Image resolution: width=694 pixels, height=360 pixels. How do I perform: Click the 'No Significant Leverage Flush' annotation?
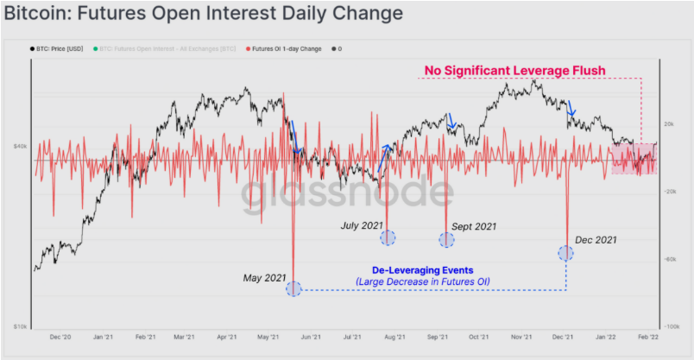tap(514, 70)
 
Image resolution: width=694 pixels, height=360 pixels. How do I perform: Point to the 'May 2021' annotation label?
tap(264, 278)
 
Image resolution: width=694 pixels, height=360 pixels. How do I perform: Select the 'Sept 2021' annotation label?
tap(474, 227)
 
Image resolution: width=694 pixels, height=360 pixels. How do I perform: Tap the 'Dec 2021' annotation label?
tap(596, 240)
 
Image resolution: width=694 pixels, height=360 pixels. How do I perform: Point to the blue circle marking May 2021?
tap(293, 288)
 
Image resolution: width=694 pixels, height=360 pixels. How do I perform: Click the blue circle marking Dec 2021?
tap(566, 253)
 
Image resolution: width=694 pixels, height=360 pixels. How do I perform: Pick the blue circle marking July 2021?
tap(388, 237)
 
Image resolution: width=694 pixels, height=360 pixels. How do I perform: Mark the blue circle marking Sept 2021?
tap(446, 239)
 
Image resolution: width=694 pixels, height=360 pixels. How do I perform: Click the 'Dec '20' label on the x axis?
tap(60, 338)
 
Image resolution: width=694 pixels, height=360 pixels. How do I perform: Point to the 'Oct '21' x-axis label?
tap(479, 338)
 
